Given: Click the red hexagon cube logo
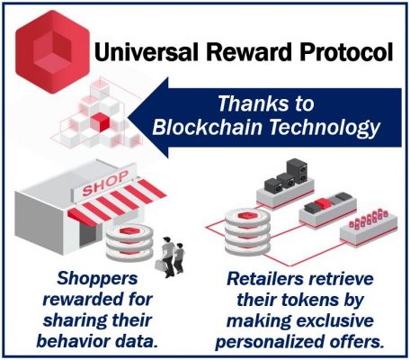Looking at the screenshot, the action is pos(53,51).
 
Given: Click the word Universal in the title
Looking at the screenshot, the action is pos(147,51).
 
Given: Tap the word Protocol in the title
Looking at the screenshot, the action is pos(347,51).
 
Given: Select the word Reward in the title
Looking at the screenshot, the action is pos(249,51).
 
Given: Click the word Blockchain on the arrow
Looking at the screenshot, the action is pos(208,127).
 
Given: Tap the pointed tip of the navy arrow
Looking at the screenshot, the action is pos(130,118).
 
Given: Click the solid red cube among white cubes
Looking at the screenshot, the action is pos(100,121).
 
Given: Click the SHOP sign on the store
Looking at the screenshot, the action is pos(105,183).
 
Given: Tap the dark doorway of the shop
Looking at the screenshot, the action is pos(88,233).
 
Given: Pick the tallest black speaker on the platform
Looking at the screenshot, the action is pos(297,171).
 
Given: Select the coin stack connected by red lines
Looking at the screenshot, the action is pos(247,231).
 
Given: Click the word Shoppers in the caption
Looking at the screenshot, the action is pos(97,279).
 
